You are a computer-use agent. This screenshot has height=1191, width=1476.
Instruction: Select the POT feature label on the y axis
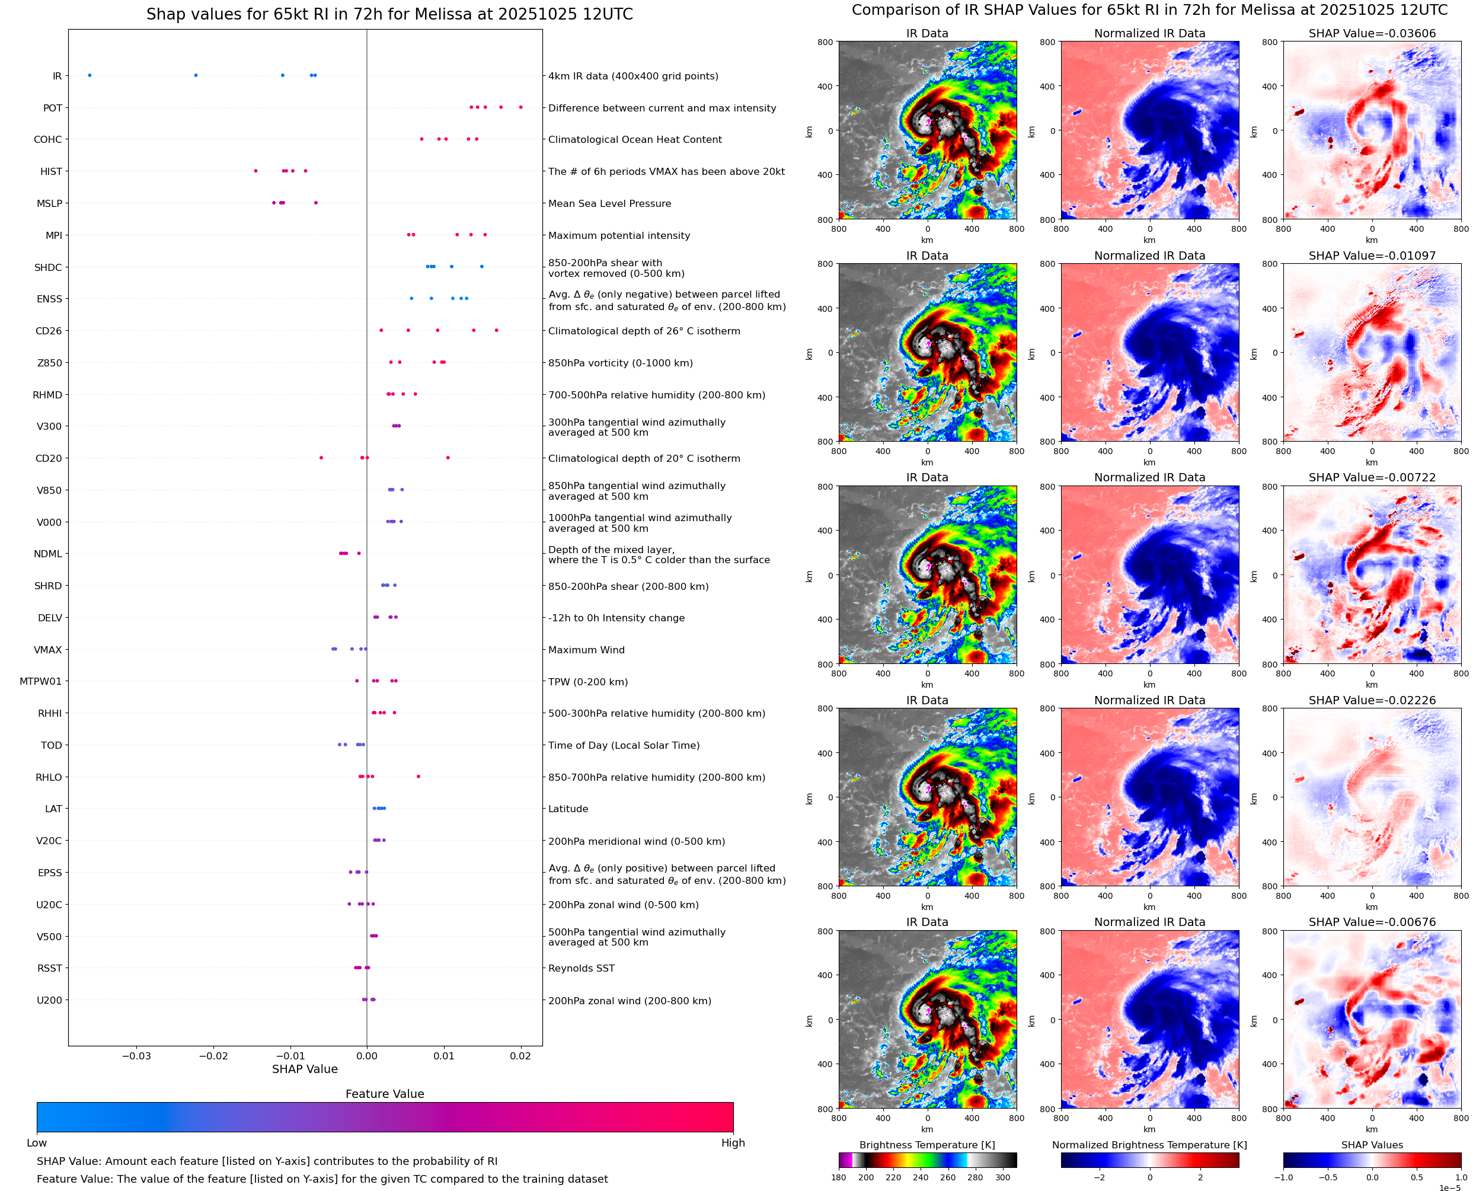click(53, 108)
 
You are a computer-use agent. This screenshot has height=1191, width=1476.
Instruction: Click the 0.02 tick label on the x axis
click(520, 1056)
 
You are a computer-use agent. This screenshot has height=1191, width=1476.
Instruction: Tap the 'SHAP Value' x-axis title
click(305, 1069)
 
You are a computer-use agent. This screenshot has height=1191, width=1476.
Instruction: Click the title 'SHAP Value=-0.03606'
click(1372, 34)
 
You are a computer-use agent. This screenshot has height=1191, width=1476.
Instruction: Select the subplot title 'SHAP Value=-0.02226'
click(1372, 701)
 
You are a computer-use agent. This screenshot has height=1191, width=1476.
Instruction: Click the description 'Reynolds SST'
click(582, 968)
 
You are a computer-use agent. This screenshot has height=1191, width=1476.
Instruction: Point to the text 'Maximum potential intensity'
click(619, 235)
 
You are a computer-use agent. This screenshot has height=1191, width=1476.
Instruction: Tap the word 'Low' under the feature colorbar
click(37, 1143)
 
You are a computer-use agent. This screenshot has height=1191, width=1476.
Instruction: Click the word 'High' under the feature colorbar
click(733, 1143)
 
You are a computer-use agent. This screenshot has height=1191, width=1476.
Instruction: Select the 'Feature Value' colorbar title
click(385, 1094)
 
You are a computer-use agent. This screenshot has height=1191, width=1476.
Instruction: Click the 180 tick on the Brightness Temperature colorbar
click(839, 1177)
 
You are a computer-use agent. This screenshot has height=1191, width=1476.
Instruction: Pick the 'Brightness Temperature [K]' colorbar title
click(927, 1145)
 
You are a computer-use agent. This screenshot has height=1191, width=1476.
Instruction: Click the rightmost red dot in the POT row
click(520, 107)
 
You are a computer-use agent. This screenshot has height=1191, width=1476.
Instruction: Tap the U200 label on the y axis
click(49, 1000)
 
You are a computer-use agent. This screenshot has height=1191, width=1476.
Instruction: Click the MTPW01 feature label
click(40, 681)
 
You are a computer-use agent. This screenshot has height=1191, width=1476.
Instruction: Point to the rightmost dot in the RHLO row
click(418, 777)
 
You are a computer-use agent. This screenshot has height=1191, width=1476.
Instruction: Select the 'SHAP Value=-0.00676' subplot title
click(1372, 922)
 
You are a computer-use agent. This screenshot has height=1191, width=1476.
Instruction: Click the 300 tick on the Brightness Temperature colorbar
click(1003, 1177)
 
